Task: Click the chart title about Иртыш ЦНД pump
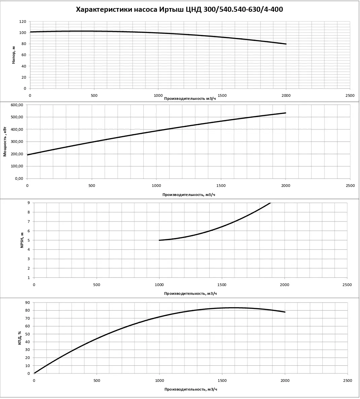(180, 9)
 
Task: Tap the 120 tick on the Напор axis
(23, 22)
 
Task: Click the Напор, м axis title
(13, 55)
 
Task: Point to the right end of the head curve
(286, 44)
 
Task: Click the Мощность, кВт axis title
(5, 142)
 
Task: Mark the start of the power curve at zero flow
(28, 155)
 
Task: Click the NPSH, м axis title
(22, 240)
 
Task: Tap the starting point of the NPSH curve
(159, 240)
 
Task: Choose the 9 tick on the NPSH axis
(29, 203)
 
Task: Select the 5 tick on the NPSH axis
(29, 240)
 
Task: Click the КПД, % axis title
(20, 338)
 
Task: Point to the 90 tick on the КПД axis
(28, 303)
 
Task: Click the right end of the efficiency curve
(285, 312)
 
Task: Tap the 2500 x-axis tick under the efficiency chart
(347, 381)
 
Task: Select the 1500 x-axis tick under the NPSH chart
(222, 285)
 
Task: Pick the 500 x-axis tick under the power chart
(92, 186)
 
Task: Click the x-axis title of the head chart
(190, 98)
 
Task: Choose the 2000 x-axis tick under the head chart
(286, 95)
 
